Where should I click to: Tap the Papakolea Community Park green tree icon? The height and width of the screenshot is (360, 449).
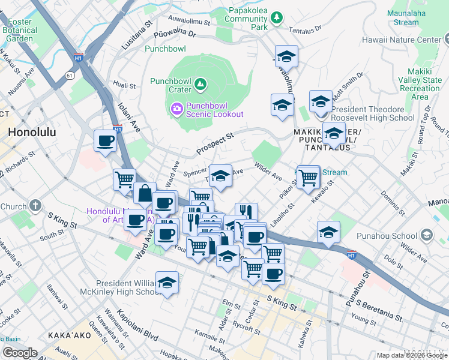click(x=276, y=19)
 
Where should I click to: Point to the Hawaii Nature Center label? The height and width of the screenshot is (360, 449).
click(x=402, y=40)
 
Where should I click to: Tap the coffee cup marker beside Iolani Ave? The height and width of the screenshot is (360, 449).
click(x=106, y=142)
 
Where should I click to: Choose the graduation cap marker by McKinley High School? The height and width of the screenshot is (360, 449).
click(x=167, y=283)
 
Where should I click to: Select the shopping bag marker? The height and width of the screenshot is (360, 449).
click(x=145, y=193)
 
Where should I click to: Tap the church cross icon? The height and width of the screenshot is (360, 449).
click(x=35, y=206)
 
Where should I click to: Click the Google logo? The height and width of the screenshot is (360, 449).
click(x=20, y=352)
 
